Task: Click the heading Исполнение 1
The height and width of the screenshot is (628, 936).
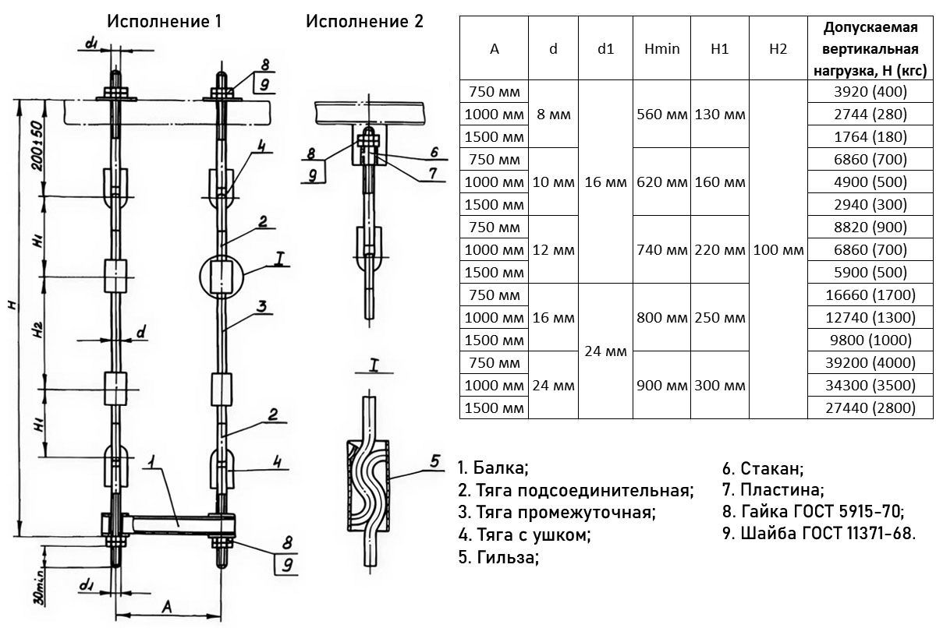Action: [x=164, y=21]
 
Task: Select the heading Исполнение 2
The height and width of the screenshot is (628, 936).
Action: [x=364, y=21]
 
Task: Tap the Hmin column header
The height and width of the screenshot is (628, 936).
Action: [x=662, y=48]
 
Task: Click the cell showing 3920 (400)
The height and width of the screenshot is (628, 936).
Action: [x=869, y=92]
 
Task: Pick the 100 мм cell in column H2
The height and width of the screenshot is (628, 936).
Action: [x=777, y=250]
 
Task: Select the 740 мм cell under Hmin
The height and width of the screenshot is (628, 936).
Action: [x=662, y=250]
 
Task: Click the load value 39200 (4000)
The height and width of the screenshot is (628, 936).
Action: [x=869, y=362]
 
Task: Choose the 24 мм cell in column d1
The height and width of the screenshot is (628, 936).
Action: [x=605, y=351]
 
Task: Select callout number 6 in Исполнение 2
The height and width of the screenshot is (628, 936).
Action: [x=434, y=152]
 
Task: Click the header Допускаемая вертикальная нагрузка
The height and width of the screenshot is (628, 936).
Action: [x=869, y=48]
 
